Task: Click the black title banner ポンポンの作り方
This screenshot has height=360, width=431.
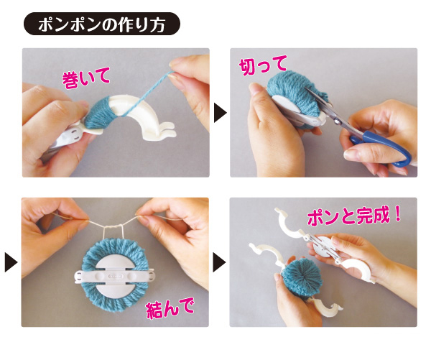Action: click(102, 24)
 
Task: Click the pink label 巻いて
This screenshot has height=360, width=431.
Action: click(86, 78)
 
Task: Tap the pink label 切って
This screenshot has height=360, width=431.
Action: click(263, 65)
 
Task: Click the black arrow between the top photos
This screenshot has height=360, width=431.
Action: click(221, 113)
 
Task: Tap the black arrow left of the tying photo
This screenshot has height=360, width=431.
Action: click(11, 262)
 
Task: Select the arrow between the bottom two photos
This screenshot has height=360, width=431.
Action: click(219, 262)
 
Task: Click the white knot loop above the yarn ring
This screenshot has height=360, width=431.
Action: click(113, 232)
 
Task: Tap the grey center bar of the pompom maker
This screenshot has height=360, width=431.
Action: click(114, 276)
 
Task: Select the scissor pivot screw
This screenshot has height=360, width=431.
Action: click(335, 119)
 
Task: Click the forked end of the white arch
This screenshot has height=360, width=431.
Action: click(165, 130)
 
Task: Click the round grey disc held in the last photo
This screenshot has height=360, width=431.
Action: click(322, 246)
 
